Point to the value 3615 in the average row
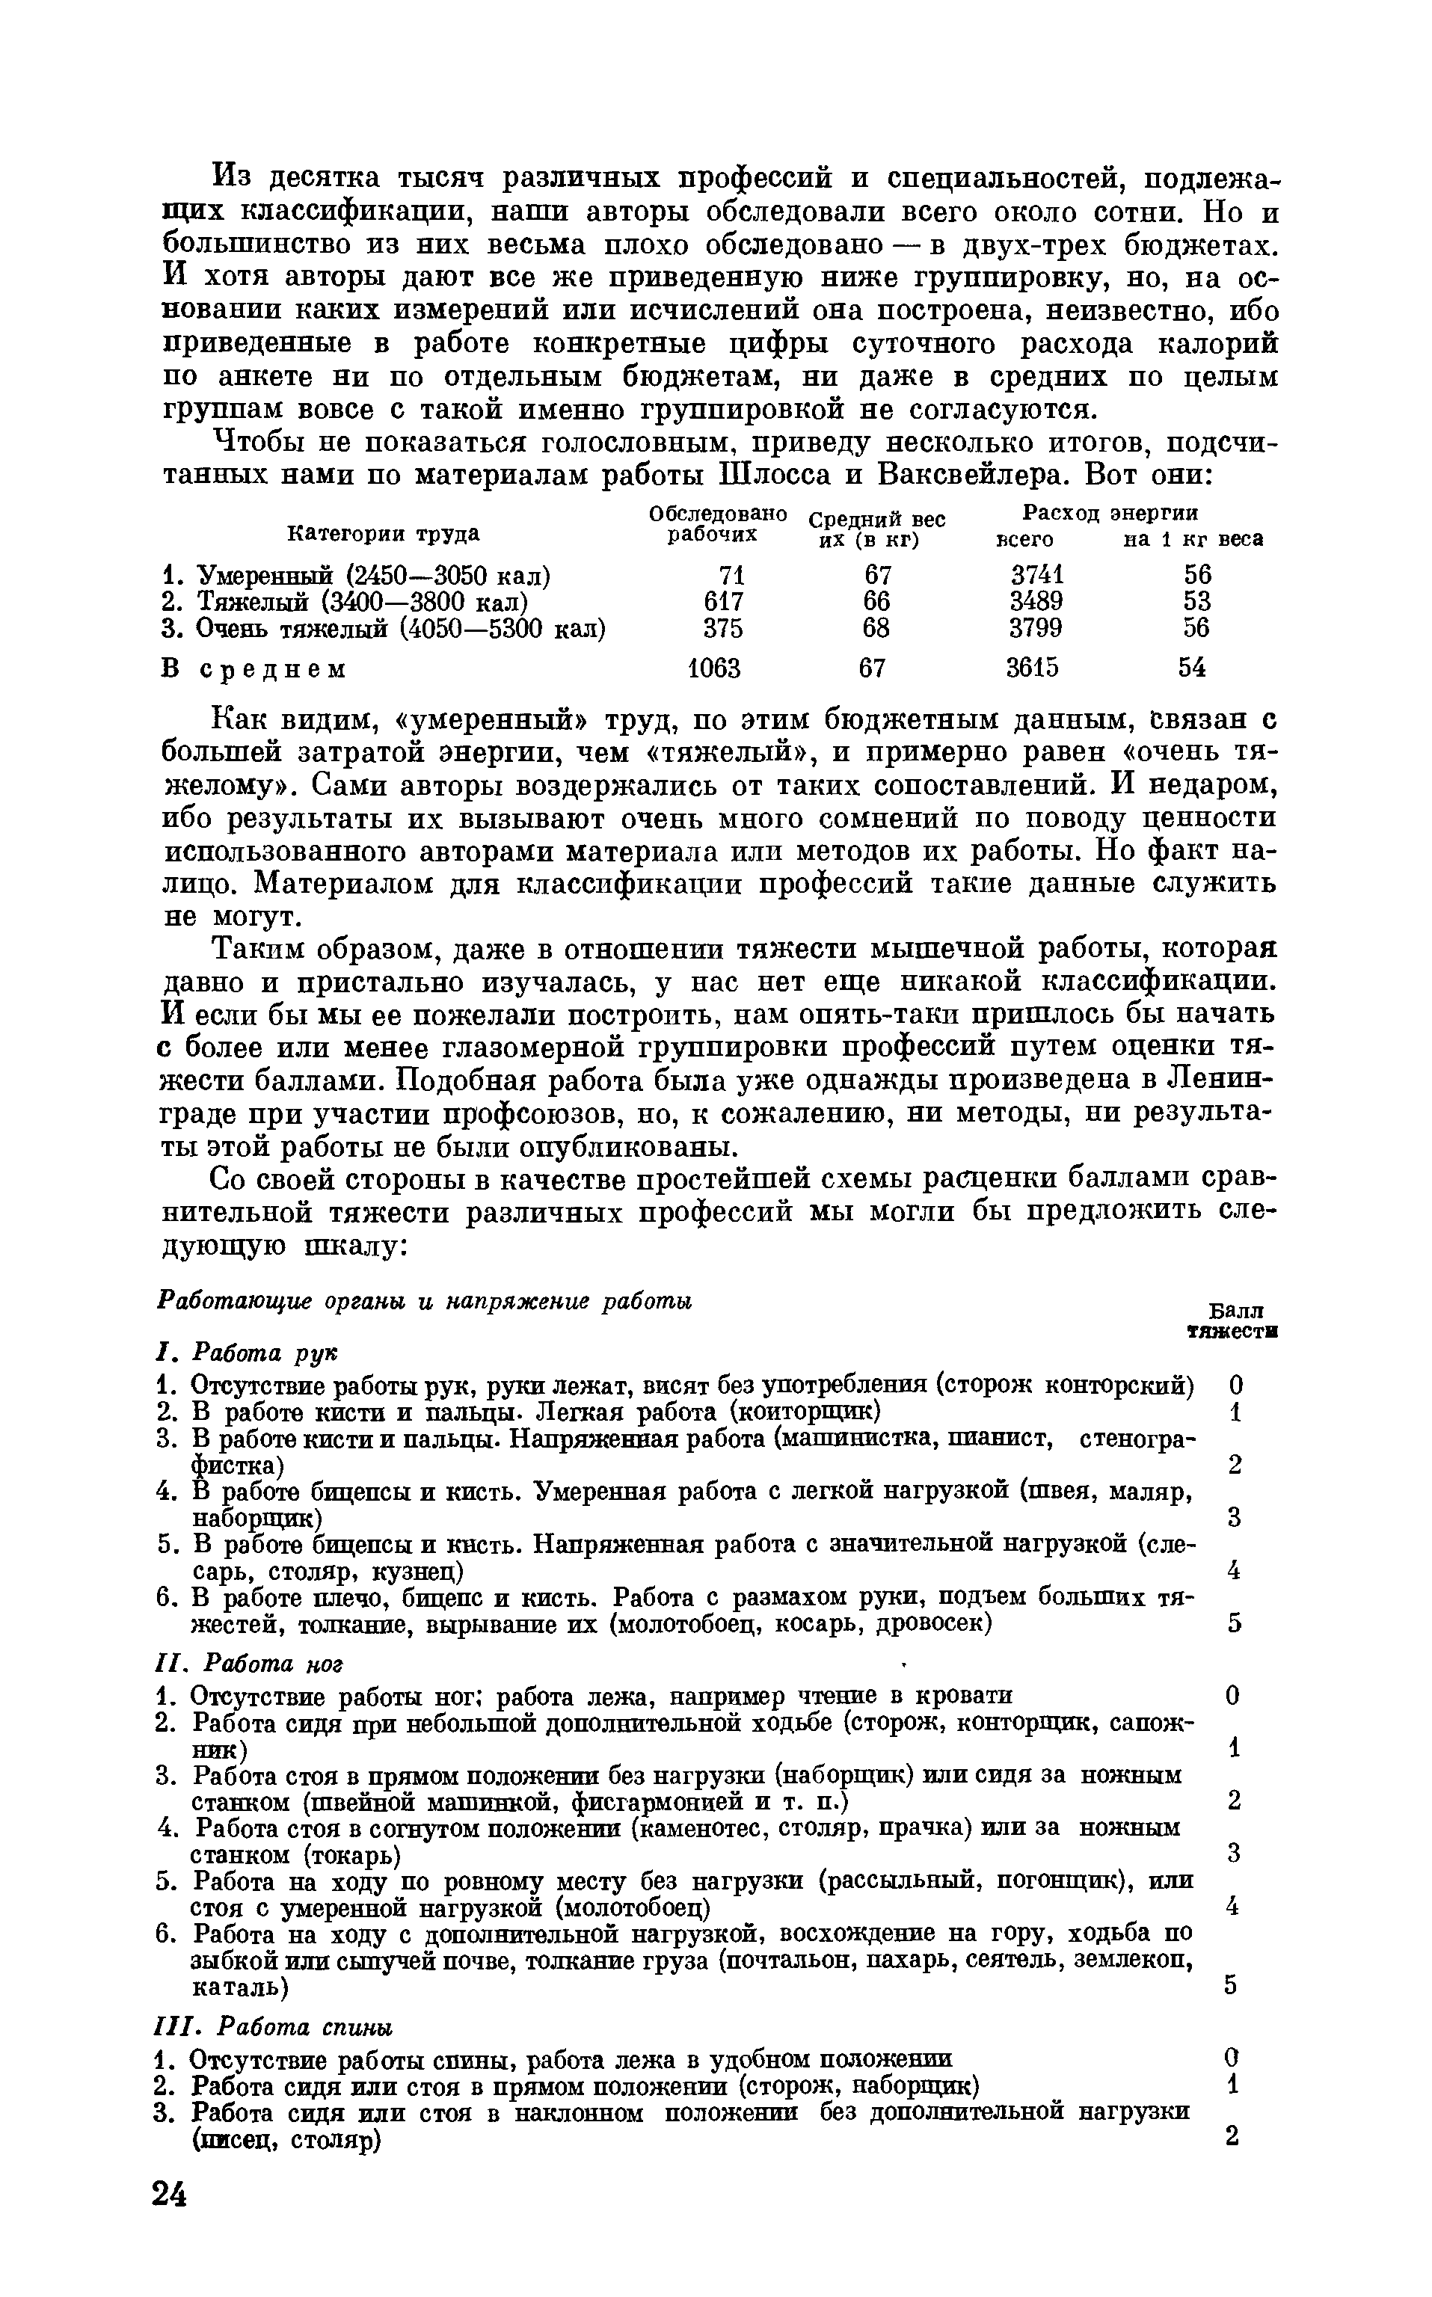[x=1033, y=668]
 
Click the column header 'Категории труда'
[x=383, y=534]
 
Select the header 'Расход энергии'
[x=1110, y=512]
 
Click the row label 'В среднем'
[x=253, y=669]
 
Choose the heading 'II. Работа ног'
[x=248, y=1664]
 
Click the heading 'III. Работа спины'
[x=273, y=2027]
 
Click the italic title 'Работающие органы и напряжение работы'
[x=423, y=1301]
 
